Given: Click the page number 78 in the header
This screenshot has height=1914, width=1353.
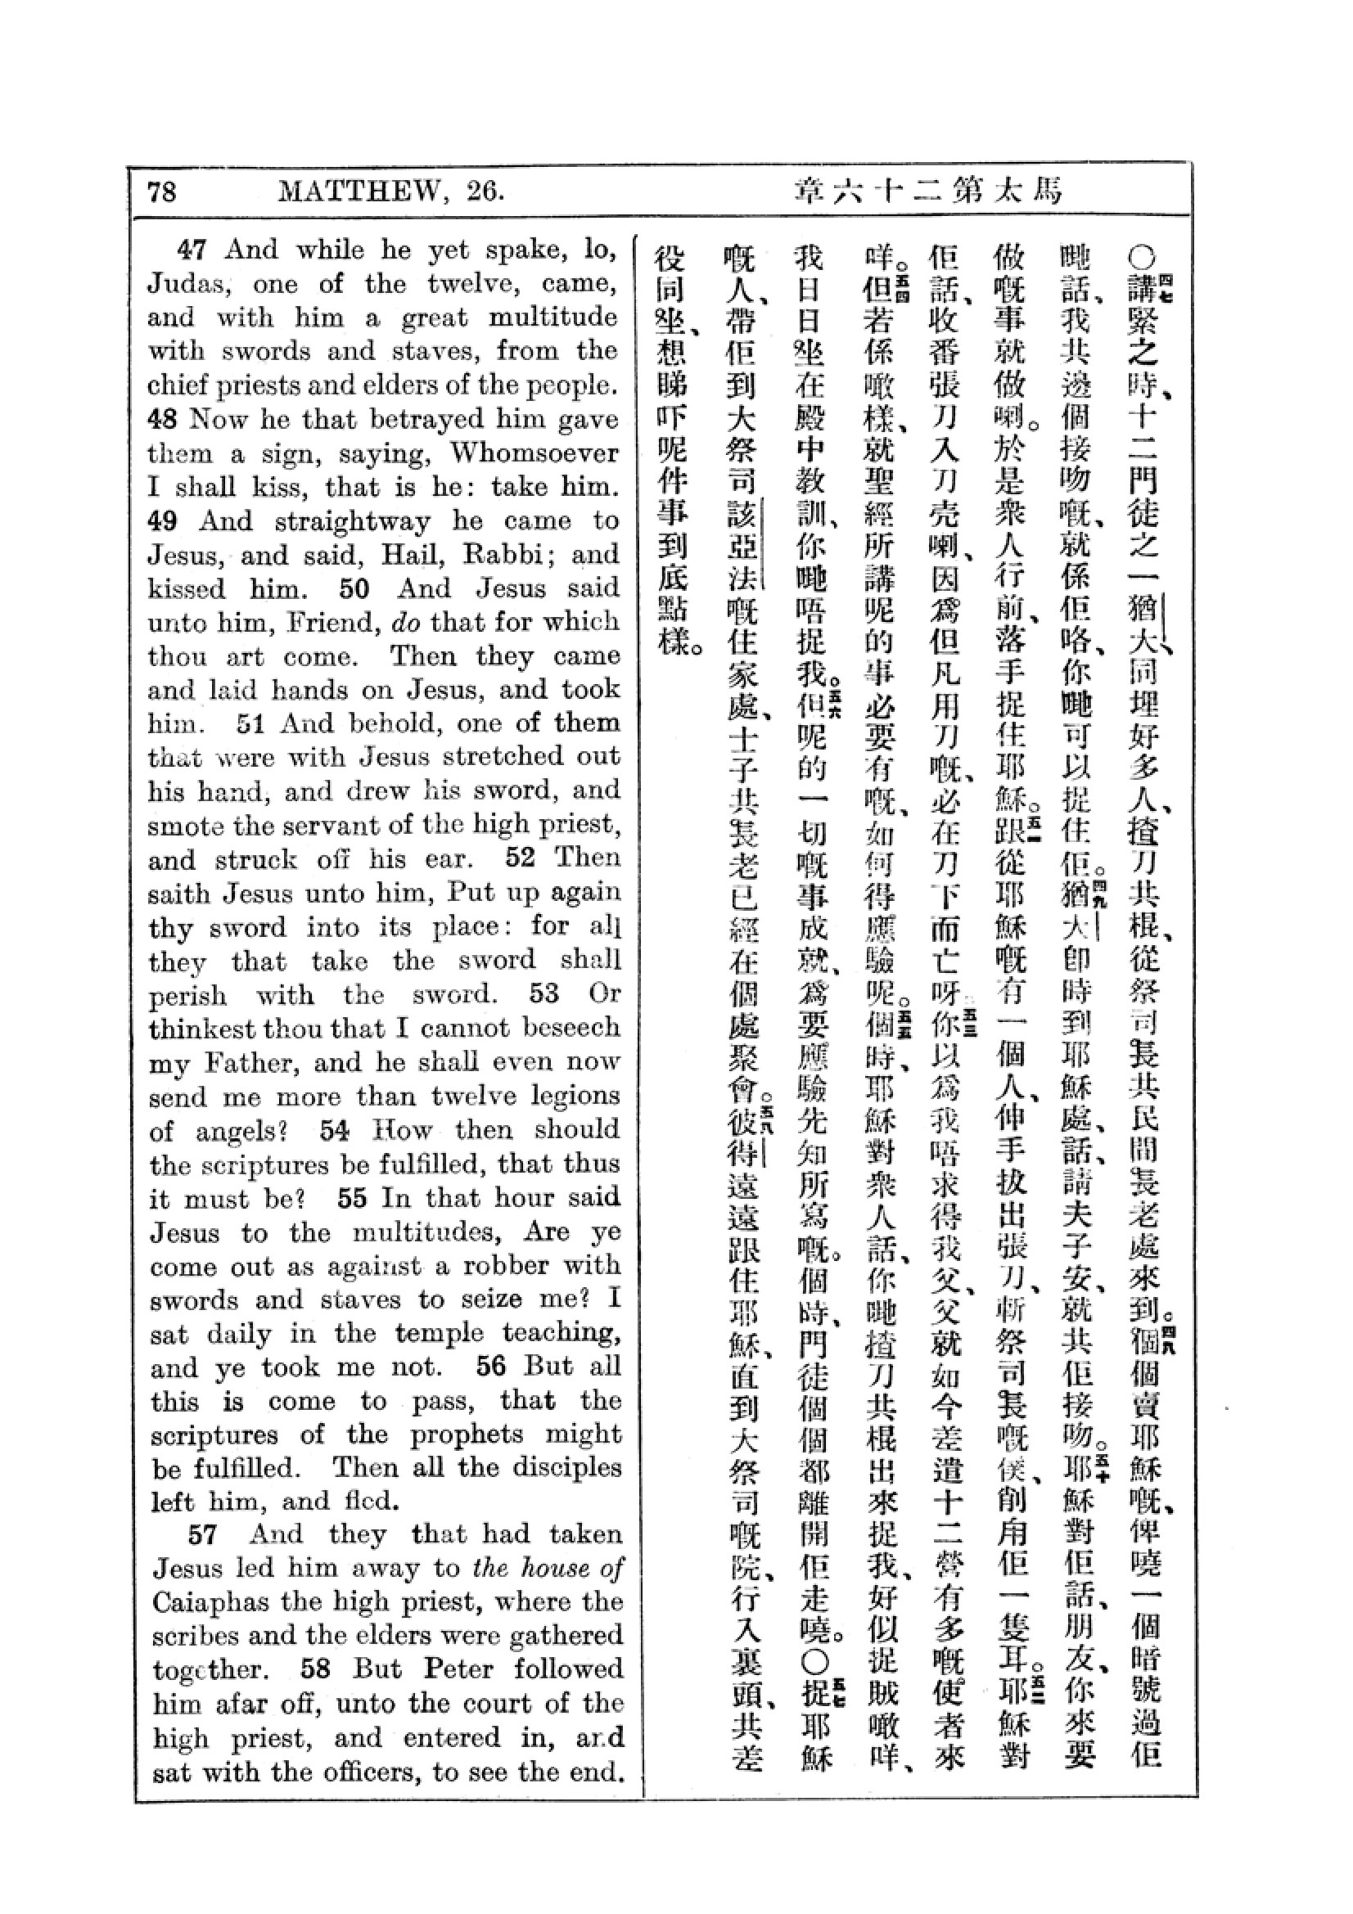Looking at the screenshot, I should pos(162,192).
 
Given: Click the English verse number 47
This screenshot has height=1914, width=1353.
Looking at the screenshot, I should pos(191,250).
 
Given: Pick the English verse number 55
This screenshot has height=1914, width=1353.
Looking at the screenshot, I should pos(352,1198).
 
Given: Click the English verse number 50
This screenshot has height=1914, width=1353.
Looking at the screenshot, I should pos(354,588).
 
